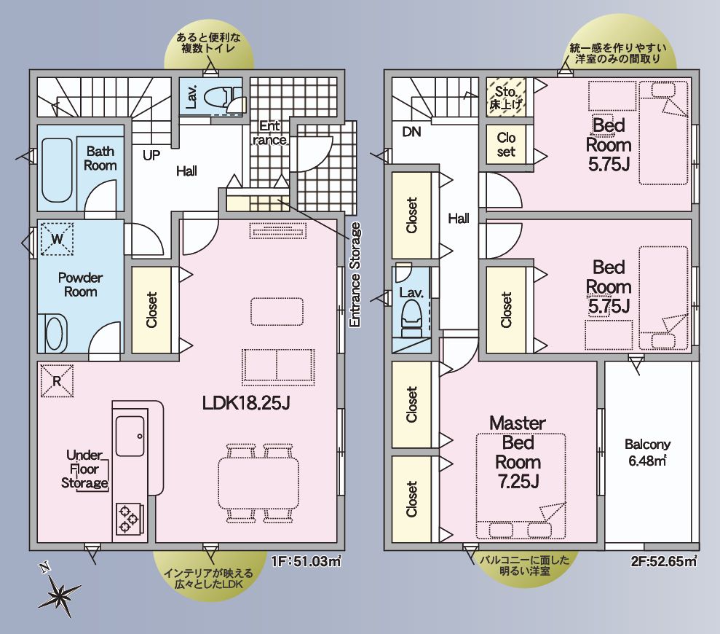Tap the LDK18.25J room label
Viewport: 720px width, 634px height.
pos(246,403)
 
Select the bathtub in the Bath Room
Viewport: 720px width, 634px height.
pos(57,170)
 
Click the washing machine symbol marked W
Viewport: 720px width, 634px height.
pos(57,238)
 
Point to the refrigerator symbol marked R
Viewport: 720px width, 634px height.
pos(57,380)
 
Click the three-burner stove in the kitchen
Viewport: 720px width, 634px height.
pos(129,520)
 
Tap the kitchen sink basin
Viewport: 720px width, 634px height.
pos(130,436)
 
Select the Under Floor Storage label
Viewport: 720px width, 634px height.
pos(85,469)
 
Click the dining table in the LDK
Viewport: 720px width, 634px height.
pos(258,483)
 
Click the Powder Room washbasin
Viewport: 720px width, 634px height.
pos(54,333)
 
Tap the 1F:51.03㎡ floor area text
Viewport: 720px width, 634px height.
pos(306,561)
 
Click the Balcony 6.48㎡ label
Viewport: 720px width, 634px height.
pos(647,453)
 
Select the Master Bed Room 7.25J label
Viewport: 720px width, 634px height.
pos(518,452)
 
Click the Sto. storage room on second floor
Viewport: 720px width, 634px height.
pos(506,97)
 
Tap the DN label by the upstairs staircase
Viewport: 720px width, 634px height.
pos(411,132)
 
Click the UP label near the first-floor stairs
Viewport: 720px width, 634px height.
pos(151,155)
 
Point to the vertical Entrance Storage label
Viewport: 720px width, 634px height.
pos(355,275)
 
